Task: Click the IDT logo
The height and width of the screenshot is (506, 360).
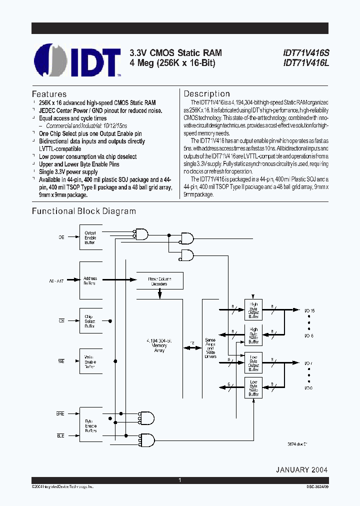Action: pos(77,59)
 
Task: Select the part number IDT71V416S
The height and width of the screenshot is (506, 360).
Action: pos(306,52)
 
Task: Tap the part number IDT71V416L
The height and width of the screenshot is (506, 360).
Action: pos(306,63)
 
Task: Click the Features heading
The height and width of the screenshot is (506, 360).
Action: pos(49,94)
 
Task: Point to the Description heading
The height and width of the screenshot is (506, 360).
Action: pos(206,93)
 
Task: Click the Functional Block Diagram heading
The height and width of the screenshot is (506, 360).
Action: pos(84,211)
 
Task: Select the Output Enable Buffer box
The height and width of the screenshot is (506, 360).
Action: pos(90,237)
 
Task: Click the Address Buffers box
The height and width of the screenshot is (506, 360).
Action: pos(90,281)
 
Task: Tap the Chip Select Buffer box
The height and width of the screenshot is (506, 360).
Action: pos(90,321)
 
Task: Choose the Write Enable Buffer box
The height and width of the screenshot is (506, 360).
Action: pos(90,362)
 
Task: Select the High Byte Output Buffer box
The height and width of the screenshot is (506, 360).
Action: pos(253,309)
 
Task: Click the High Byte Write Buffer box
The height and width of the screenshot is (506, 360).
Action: pos(253,335)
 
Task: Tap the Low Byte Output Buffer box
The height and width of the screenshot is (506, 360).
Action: pos(253,363)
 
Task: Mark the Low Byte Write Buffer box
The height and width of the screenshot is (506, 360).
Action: pos(253,388)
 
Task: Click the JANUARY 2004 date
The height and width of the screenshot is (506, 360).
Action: pos(301,470)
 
